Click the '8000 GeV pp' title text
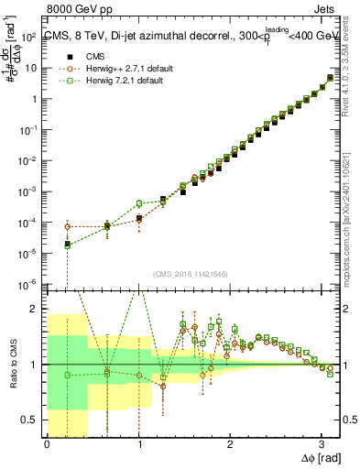tap(80, 10)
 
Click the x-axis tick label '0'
tap(47, 444)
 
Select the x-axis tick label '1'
tap(138, 444)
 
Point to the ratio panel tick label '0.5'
tap(32, 420)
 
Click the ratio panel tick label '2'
tap(36, 309)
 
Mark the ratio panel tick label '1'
tap(36, 365)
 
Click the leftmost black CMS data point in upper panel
tap(67, 245)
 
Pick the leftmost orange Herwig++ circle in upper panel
tap(67, 226)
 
